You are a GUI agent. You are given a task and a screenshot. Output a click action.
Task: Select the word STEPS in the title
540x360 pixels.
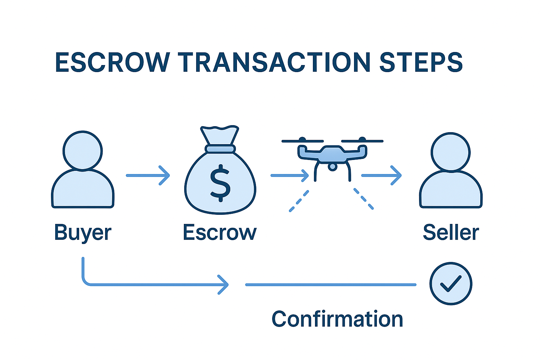pos(421,63)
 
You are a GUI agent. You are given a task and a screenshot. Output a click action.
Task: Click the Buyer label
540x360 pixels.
pos(83,233)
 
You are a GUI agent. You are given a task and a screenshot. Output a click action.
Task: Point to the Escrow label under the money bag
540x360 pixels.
pos(220,233)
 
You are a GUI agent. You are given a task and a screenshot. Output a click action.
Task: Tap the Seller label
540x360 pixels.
pos(451,233)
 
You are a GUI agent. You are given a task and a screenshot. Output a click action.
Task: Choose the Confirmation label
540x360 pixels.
pos(337,319)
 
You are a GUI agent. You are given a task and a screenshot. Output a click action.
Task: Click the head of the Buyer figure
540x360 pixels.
pos(83,150)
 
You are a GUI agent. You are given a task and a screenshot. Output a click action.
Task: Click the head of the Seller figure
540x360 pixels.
pos(451,152)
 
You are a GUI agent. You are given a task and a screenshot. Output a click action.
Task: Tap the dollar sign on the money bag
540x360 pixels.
pos(220,183)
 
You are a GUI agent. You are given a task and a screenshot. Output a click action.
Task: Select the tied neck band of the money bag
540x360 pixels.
pos(220,149)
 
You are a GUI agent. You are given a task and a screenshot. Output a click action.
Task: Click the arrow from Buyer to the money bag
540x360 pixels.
pos(148,175)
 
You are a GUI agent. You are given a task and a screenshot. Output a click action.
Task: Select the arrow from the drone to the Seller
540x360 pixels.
pos(381,175)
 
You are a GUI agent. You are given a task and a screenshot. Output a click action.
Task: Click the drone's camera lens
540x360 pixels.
pos(332,166)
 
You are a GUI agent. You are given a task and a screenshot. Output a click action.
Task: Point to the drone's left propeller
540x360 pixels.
pos(302,141)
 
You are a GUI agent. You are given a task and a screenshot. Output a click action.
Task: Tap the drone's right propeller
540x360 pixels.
pos(362,141)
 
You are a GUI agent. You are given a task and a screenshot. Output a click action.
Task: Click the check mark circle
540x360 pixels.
pos(451,283)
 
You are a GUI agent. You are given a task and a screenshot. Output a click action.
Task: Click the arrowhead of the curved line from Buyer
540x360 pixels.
pos(224,284)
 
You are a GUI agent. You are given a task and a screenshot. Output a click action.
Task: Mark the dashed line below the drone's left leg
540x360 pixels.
pos(299,201)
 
